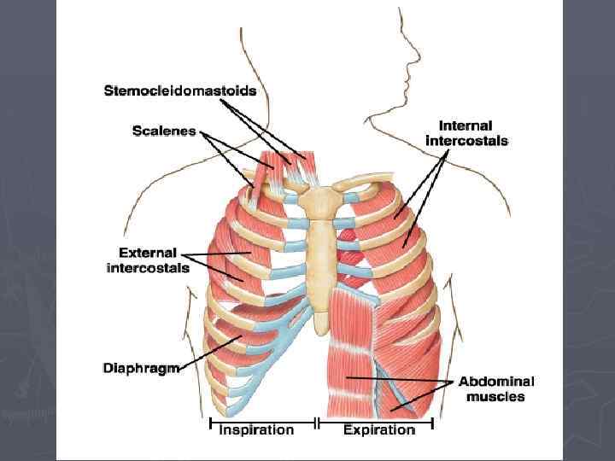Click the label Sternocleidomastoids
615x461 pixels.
pyautogui.click(x=180, y=90)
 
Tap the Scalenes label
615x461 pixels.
pyautogui.click(x=164, y=131)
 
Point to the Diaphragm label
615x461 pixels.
pyautogui.click(x=140, y=369)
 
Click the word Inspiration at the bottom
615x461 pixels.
pyautogui.click(x=256, y=430)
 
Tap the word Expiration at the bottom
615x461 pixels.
pyautogui.click(x=378, y=430)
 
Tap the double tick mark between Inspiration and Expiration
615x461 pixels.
pyautogui.click(x=318, y=422)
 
